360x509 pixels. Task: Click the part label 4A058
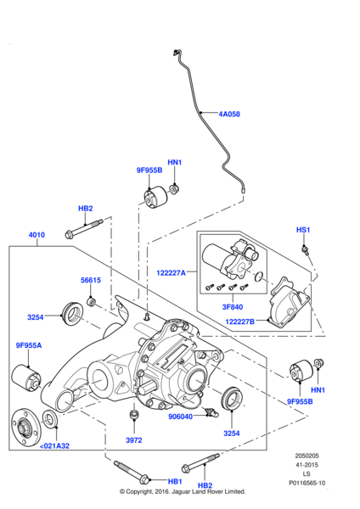229,114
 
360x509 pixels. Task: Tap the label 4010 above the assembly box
37,235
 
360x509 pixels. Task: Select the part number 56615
91,280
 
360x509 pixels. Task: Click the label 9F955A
29,345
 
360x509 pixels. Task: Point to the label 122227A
171,272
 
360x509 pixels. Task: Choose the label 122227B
239,322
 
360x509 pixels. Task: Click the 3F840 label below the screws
233,307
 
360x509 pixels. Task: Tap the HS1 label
303,230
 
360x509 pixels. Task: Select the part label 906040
180,417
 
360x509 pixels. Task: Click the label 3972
134,440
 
